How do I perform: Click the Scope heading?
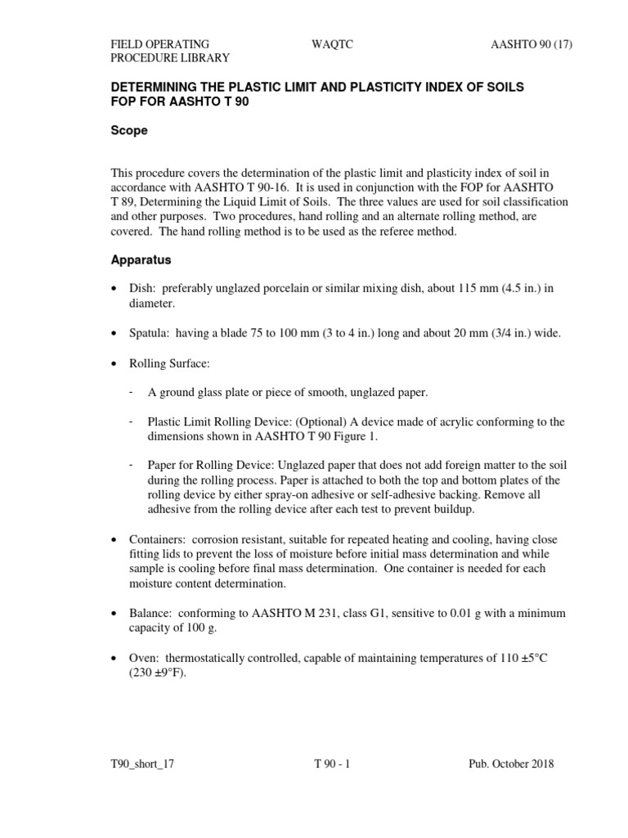(129, 130)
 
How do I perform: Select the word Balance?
(150, 613)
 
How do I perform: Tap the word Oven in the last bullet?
(143, 659)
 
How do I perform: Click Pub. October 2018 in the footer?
(510, 764)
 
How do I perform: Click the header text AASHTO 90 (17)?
(526, 43)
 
